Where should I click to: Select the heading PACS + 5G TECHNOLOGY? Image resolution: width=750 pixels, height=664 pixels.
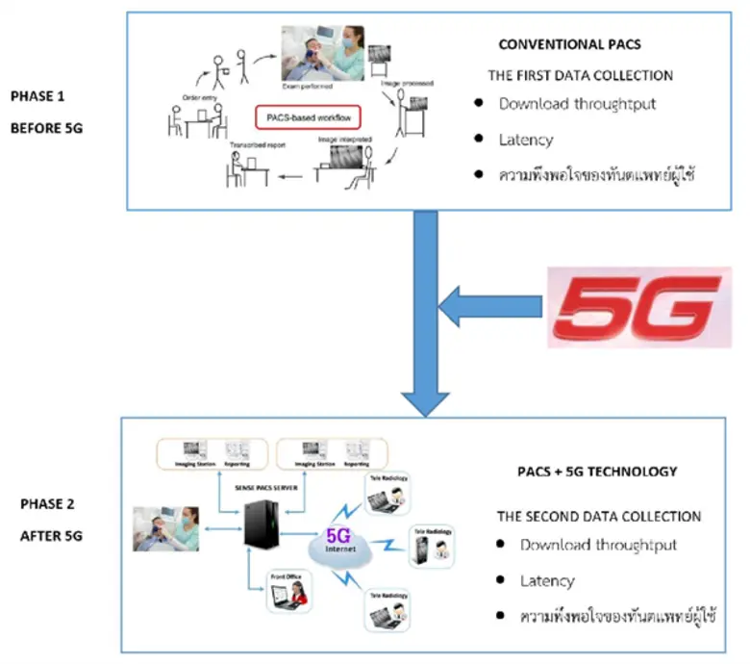point(596,472)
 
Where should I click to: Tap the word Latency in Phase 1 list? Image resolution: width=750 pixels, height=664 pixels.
point(526,140)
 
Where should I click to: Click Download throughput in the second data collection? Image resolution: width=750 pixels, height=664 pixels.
point(598,545)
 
